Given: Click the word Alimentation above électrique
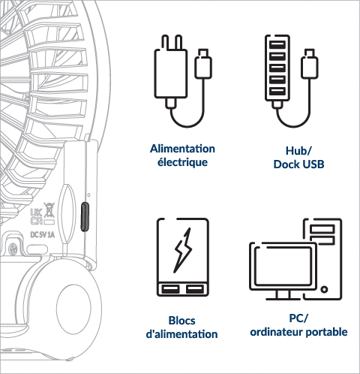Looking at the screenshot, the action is click(x=182, y=149).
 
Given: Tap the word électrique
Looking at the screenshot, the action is click(x=182, y=162).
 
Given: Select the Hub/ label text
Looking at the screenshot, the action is click(x=298, y=151).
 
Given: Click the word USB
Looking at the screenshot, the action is click(x=313, y=164).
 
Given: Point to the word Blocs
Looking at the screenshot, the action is click(x=181, y=321).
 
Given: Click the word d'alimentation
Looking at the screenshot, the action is click(x=181, y=334).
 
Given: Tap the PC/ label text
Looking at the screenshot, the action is click(x=298, y=318).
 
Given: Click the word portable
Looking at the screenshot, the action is click(x=327, y=332).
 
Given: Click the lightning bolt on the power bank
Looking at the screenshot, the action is click(x=183, y=250).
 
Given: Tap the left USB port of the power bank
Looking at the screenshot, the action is click(x=171, y=289).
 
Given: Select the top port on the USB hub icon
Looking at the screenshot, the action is click(x=277, y=45).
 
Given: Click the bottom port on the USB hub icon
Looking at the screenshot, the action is click(x=277, y=91).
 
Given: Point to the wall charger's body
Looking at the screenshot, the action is click(x=171, y=74).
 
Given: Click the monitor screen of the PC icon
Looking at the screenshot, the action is click(x=283, y=266).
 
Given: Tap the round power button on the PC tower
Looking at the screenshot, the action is click(x=324, y=290).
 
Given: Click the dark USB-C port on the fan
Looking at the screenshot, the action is click(x=85, y=217).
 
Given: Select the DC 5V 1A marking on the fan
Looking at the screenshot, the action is click(x=42, y=235).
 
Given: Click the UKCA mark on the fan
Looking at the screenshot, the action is click(x=36, y=217).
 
